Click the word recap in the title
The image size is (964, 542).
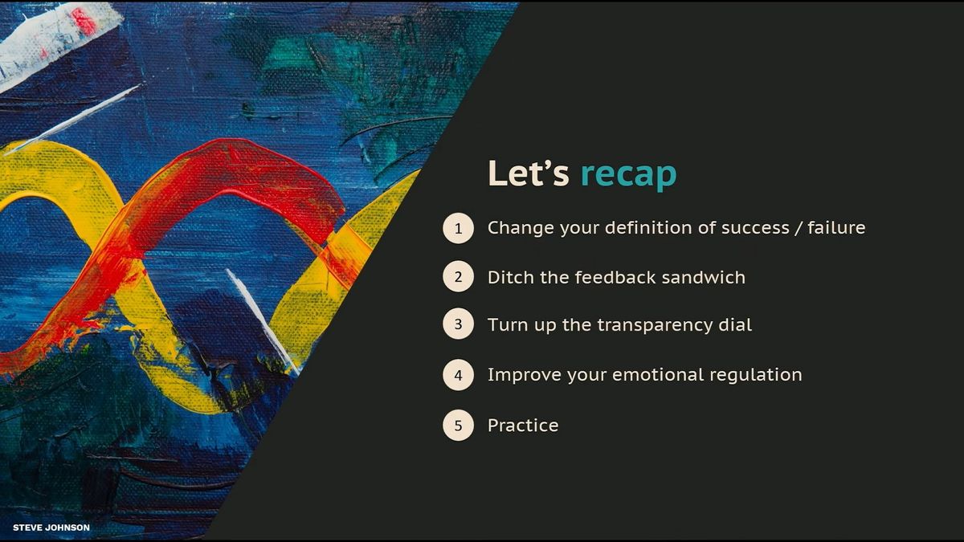point(629,173)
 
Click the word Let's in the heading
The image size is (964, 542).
point(529,173)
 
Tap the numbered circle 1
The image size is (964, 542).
point(459,228)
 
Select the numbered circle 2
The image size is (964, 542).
point(459,276)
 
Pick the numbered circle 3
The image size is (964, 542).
point(459,324)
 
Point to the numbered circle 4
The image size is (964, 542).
point(459,375)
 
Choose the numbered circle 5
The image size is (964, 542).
point(459,426)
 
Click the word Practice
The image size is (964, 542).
point(523,426)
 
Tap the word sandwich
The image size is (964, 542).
point(703,278)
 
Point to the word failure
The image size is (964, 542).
point(836,227)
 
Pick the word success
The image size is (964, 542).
point(755,228)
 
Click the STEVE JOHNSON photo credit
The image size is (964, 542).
point(51,528)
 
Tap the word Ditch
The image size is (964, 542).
point(511,278)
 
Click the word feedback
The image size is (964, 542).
point(615,278)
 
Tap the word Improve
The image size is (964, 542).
point(524,376)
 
